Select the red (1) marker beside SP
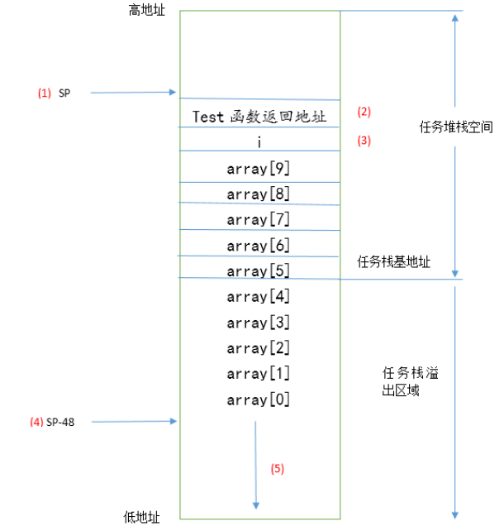coord(44,93)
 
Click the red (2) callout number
coord(364,112)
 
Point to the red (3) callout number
coord(364,141)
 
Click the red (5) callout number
coord(277,468)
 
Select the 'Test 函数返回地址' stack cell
coord(259,117)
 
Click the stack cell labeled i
coord(259,141)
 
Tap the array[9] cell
coord(259,168)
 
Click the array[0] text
coord(259,400)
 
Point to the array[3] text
coord(259,322)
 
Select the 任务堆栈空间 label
coord(456,127)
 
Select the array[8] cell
coord(259,194)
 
